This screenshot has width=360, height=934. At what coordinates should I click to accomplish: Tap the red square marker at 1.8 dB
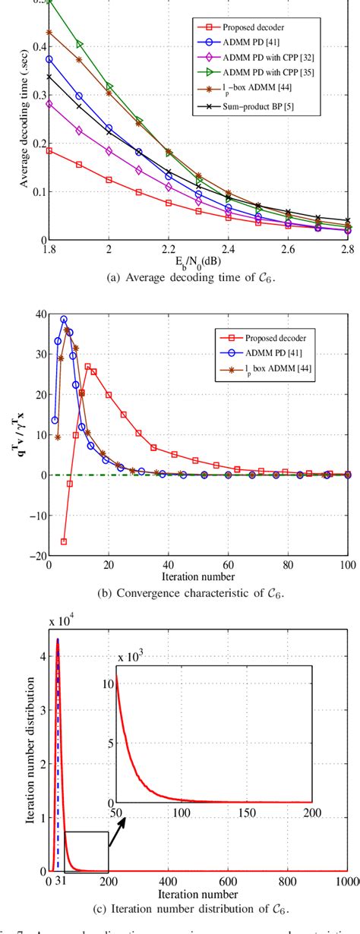coord(49,150)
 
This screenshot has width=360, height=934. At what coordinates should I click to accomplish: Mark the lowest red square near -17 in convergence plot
coord(64,541)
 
